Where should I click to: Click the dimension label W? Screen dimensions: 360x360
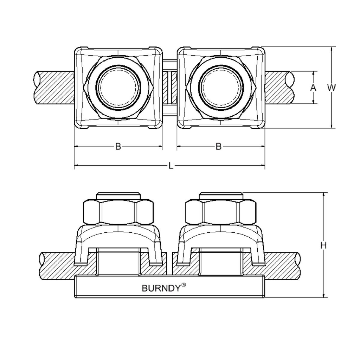click(332, 88)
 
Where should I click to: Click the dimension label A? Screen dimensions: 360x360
click(313, 88)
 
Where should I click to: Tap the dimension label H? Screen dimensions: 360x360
click(324, 245)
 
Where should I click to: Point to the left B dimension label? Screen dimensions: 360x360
click(118, 147)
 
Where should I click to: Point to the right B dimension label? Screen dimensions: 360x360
click(218, 147)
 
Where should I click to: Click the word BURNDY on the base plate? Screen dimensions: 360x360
click(161, 288)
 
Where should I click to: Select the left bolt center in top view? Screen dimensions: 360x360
click(118, 87)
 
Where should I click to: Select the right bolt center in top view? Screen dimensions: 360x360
click(221, 87)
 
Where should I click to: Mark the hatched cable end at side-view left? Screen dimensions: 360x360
click(56, 265)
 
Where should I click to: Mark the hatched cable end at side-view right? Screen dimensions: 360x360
click(283, 265)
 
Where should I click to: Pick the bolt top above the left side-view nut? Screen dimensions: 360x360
click(118, 195)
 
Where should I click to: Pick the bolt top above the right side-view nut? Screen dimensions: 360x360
click(221, 195)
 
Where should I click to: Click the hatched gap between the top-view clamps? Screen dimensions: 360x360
click(169, 88)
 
